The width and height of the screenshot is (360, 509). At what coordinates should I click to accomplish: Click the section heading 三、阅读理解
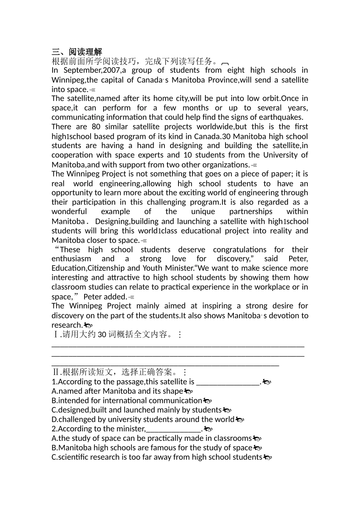(x=77, y=52)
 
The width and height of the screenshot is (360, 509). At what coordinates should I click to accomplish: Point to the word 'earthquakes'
(x=282, y=117)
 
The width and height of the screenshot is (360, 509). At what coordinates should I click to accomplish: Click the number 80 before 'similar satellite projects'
(x=96, y=126)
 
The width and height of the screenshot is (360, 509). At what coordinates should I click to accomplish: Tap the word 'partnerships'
(x=250, y=212)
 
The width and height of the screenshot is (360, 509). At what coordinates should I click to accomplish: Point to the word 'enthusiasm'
(x=71, y=259)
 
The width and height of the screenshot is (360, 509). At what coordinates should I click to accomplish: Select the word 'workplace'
(x=273, y=287)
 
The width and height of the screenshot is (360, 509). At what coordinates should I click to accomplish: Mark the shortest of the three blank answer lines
(x=165, y=365)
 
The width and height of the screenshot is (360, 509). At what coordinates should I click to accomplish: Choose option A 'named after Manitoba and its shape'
(x=117, y=391)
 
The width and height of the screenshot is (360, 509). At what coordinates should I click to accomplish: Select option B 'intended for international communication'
(x=127, y=401)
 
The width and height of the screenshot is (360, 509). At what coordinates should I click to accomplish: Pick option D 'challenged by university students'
(x=143, y=420)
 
